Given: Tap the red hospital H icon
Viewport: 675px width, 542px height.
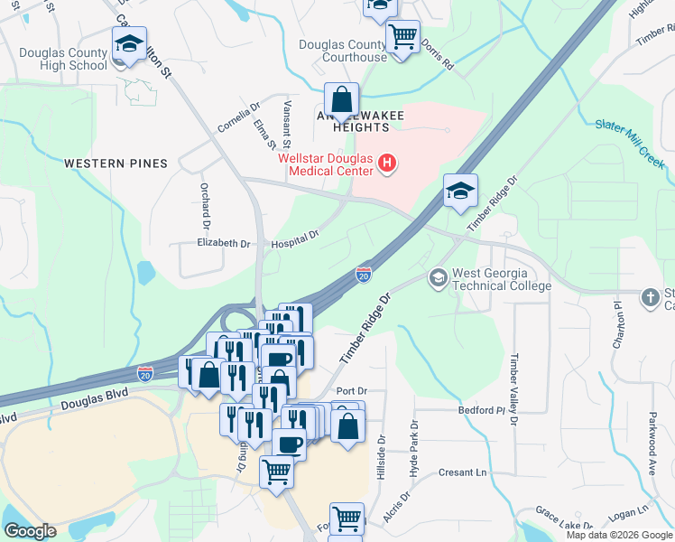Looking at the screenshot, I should [x=387, y=164].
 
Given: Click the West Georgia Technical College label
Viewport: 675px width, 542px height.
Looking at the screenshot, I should [x=501, y=279].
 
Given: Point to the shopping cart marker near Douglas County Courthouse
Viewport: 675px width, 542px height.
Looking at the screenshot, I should [x=402, y=38].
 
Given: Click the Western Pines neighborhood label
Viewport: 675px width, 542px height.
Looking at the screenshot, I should [x=116, y=164].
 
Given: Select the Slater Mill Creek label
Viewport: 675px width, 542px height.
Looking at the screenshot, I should [x=630, y=145].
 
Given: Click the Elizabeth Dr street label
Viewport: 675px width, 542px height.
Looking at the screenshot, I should [x=223, y=244].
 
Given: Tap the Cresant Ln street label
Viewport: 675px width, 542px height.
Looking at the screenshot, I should [x=463, y=472].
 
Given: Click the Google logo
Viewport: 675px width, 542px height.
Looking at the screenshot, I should [x=30, y=532].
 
